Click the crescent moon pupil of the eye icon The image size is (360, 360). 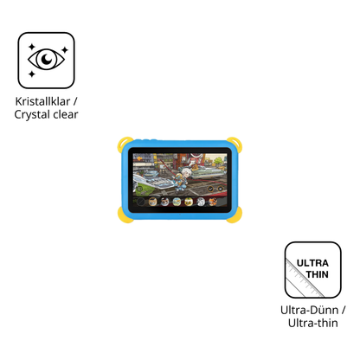(46, 60)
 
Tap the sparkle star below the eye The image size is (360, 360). (32, 74)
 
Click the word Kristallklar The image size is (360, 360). (42, 101)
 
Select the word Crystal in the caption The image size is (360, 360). (32, 115)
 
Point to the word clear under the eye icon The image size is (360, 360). (66, 114)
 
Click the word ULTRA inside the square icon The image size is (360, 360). (312, 263)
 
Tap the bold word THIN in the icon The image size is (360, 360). (318, 274)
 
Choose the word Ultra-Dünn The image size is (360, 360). (309, 310)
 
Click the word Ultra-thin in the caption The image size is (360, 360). (313, 323)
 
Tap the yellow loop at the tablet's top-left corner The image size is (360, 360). (124, 145)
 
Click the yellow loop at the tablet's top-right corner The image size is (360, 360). (235, 145)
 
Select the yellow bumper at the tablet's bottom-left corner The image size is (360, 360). (125, 215)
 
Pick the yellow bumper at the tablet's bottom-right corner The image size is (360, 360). (235, 215)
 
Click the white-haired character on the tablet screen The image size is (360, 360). (183, 179)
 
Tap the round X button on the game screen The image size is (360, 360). (221, 189)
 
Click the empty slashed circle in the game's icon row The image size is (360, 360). (140, 202)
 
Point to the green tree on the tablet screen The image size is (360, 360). (219, 160)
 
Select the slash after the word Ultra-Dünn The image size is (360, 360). (344, 310)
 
